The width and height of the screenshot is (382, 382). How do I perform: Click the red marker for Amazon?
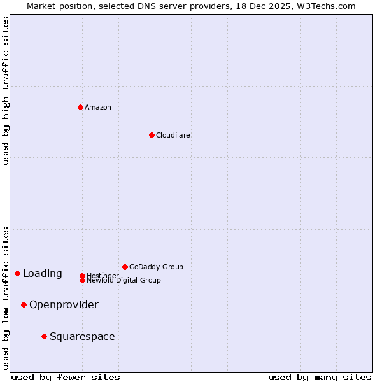[x=80, y=107]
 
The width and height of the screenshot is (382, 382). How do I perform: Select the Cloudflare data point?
[x=152, y=135]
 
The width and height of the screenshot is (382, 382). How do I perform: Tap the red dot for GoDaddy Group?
[x=125, y=267]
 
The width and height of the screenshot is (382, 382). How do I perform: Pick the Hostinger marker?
[x=82, y=276]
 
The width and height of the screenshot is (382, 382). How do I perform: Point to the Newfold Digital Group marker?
[x=82, y=280]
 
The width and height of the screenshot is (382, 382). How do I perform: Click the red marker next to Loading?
[x=17, y=273]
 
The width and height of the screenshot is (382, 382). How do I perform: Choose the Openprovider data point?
[x=24, y=304]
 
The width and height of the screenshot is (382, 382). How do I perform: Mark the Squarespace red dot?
[x=44, y=336]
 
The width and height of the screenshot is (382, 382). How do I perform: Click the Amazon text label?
[x=98, y=107]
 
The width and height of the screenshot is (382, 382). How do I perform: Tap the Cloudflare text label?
[x=173, y=135]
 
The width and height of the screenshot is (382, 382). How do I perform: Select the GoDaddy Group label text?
[x=156, y=267]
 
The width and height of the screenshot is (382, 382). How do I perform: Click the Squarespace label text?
[x=82, y=336]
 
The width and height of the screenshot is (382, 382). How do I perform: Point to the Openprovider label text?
[x=64, y=304]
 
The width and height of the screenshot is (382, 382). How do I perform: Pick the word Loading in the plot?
[x=43, y=274]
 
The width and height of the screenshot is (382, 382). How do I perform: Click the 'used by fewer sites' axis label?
[x=66, y=377]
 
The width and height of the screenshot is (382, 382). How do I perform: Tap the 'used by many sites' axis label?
[x=320, y=377]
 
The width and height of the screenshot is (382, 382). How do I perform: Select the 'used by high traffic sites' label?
[x=6, y=90]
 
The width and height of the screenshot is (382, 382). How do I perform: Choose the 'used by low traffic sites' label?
[x=6, y=298]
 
